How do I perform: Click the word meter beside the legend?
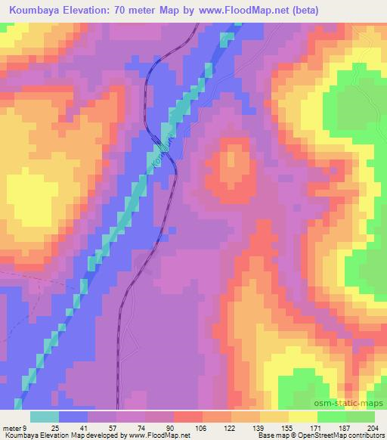pyautogui.click(x=12, y=427)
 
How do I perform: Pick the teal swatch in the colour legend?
pyautogui.click(x=45, y=417)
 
